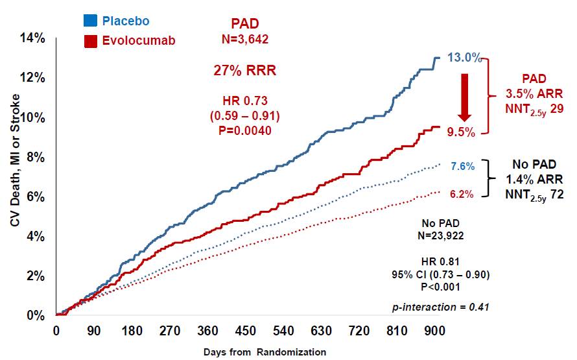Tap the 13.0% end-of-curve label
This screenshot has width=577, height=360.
click(465, 58)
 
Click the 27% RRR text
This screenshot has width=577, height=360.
click(245, 71)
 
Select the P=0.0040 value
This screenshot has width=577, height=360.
click(245, 130)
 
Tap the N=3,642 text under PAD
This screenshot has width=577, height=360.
click(245, 40)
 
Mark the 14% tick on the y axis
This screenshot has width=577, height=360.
click(31, 38)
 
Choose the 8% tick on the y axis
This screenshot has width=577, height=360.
click(34, 157)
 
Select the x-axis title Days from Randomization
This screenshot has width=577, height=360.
click(265, 352)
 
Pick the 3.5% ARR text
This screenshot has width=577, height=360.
click(530, 93)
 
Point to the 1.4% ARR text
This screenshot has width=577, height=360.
click(530, 179)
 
